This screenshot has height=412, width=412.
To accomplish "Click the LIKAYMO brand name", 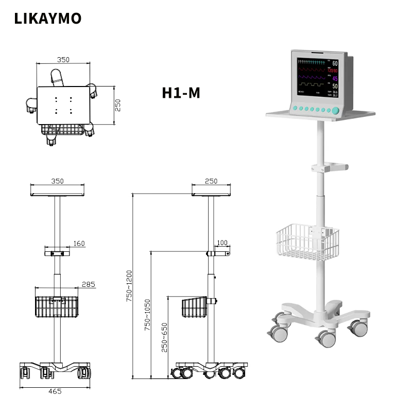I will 47,19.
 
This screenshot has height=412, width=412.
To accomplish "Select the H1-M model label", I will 181,93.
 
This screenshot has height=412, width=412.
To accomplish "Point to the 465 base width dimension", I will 55,391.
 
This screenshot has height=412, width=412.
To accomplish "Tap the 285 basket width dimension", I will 88,284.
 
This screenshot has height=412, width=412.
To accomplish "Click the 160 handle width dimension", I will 79,243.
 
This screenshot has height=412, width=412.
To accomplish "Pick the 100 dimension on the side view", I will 222,243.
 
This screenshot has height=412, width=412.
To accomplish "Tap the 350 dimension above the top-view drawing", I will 63,60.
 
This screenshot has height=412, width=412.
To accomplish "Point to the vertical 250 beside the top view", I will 117,105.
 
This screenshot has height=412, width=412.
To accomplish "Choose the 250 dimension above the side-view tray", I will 211,181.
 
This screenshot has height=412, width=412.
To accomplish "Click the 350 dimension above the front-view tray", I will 57,181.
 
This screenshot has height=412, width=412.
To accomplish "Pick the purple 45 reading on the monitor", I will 335,78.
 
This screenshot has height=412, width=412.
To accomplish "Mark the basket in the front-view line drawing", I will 57,306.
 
